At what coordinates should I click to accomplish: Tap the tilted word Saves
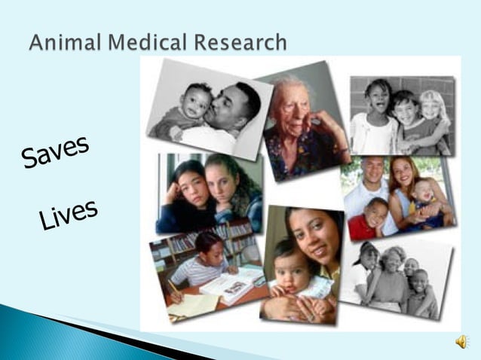(x=56, y=151)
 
